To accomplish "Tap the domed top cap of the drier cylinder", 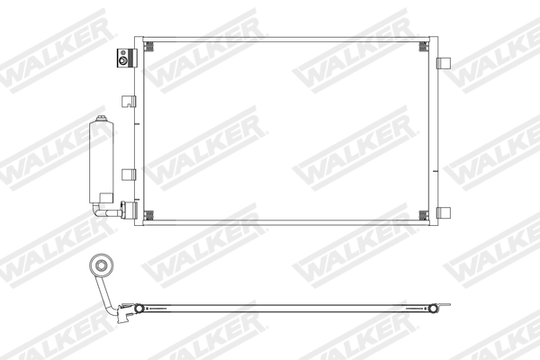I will (x=100, y=121).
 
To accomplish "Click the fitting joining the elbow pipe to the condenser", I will (x=126, y=213).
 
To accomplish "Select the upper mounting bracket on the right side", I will (x=444, y=63).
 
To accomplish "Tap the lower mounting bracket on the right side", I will (x=444, y=212).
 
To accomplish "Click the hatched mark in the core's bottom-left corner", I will (x=149, y=213).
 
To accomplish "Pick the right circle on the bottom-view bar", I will (x=434, y=309).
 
